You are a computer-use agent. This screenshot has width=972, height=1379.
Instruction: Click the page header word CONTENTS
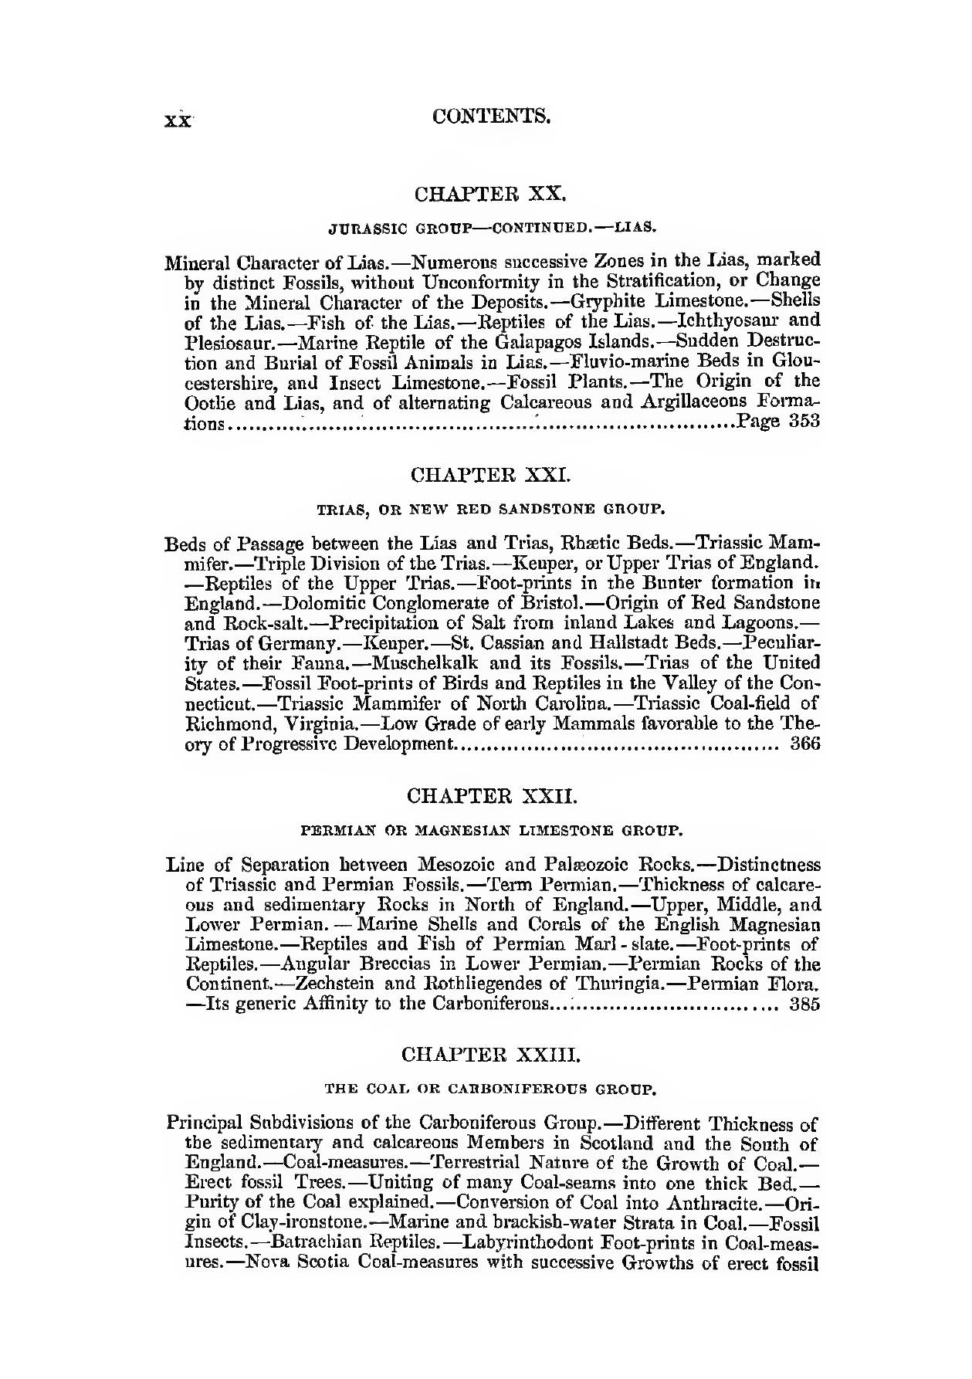pos(492,117)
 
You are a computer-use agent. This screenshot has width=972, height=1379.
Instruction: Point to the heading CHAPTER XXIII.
pos(491,1054)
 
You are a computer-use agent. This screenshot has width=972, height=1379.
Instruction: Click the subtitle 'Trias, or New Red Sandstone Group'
pos(491,510)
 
